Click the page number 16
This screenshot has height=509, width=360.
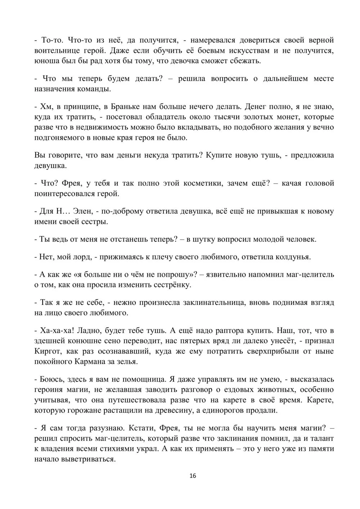(x=193, y=476)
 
